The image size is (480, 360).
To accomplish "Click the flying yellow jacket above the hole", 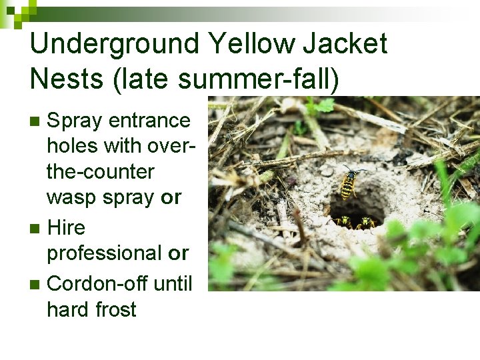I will [x=348, y=183].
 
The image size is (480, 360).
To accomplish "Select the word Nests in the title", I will [x=67, y=79].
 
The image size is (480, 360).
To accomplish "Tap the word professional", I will [x=104, y=253].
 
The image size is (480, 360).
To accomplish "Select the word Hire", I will [x=67, y=228].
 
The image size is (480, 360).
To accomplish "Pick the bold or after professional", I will [x=178, y=254].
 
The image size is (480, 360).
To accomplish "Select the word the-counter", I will [x=100, y=171].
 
